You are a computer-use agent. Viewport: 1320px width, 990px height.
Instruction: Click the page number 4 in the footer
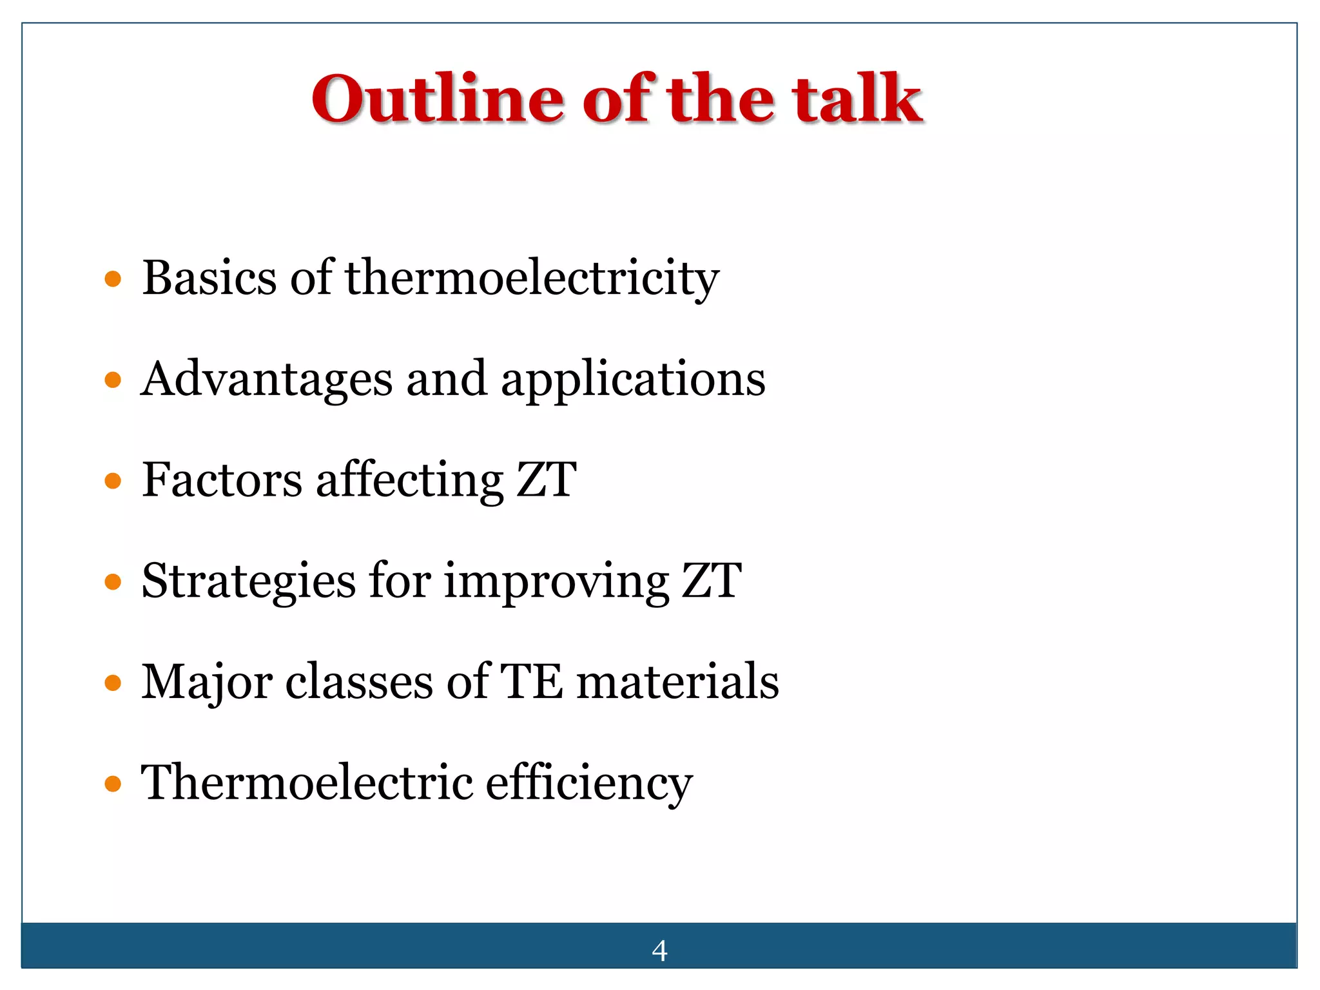tap(659, 951)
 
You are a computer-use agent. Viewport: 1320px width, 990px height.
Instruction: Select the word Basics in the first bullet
tap(209, 278)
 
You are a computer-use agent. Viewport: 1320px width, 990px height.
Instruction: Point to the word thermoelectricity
tap(532, 278)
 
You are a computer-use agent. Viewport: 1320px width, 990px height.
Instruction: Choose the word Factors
tap(222, 480)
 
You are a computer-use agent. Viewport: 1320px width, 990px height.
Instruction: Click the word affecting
tap(410, 480)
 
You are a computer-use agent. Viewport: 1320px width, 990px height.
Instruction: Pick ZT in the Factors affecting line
tap(547, 480)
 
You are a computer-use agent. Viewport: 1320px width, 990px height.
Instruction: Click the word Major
tap(206, 682)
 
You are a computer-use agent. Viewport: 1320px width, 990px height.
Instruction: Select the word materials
tap(677, 682)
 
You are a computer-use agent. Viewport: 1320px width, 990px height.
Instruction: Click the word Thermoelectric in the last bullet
tap(307, 782)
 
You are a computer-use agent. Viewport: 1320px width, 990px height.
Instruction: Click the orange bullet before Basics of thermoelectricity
tap(113, 279)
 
